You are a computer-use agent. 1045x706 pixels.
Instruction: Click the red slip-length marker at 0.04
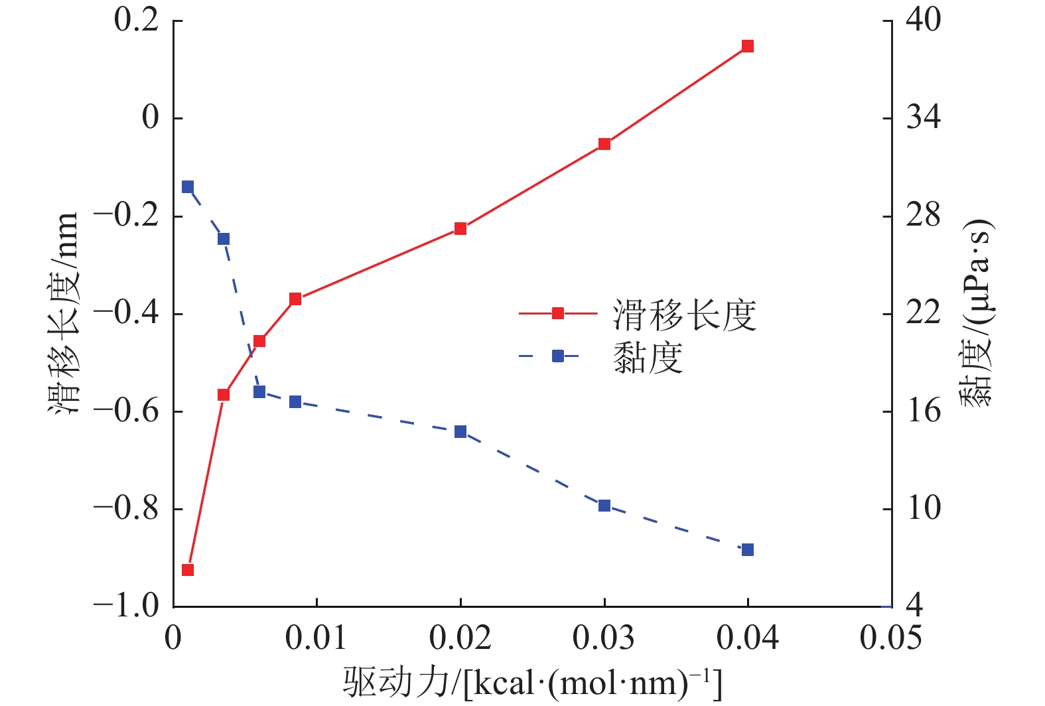[748, 46]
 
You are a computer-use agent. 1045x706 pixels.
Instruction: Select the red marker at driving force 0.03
[604, 144]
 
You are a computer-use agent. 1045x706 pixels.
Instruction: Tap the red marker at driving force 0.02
[460, 229]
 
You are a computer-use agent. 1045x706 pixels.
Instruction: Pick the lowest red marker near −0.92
[188, 570]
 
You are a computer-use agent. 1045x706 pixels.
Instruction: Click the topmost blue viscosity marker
[188, 187]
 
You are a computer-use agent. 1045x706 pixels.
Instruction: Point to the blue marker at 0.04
[748, 549]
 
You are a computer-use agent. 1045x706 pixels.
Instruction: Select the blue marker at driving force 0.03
[604, 506]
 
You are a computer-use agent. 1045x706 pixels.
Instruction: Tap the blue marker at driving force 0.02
[460, 432]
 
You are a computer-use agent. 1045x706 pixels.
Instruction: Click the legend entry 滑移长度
[684, 315]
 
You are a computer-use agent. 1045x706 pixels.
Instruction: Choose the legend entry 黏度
[648, 358]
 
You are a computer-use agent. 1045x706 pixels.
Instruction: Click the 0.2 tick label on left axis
[137, 20]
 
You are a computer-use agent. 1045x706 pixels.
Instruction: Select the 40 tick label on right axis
[924, 20]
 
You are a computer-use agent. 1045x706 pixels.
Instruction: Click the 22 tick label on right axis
[924, 313]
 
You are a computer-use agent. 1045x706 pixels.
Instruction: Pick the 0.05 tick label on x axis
[890, 638]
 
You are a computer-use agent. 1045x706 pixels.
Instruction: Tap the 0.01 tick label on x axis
[316, 638]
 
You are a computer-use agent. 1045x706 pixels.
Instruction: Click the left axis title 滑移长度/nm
[64, 313]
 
